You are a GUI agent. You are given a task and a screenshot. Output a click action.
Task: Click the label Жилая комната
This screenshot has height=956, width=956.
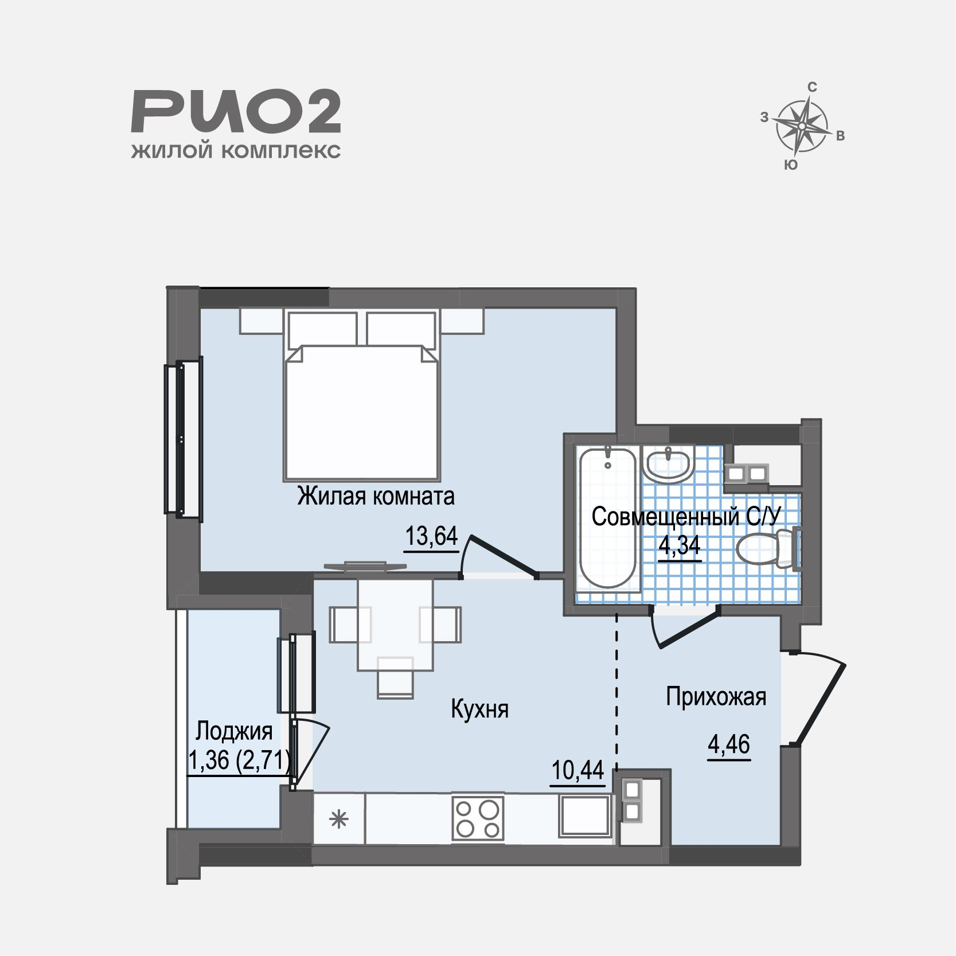coord(376,496)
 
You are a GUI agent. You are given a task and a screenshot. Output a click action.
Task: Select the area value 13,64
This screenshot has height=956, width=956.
coord(432,537)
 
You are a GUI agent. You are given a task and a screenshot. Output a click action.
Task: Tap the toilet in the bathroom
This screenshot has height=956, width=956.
coord(767,549)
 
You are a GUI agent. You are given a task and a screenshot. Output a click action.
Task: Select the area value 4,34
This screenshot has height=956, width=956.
coord(680,546)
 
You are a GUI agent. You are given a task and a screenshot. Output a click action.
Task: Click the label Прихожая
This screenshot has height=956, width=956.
coord(716,697)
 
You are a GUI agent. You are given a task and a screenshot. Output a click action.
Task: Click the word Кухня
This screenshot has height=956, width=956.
coord(480,709)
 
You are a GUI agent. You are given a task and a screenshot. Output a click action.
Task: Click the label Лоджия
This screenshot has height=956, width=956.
coord(234,732)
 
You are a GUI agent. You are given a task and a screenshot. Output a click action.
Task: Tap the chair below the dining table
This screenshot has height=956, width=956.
coord(396,677)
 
